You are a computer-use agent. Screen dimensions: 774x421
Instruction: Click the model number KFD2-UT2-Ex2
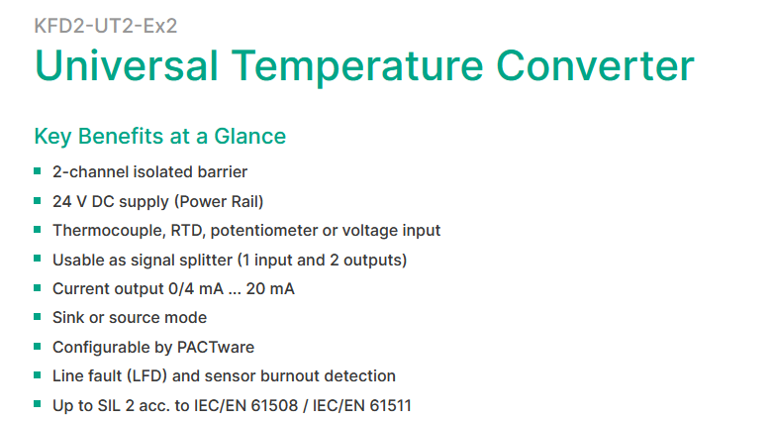click(106, 26)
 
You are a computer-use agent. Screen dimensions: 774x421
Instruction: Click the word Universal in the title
click(127, 65)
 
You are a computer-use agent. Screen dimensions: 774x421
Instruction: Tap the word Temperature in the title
click(357, 67)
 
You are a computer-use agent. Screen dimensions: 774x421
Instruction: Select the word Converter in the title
click(595, 65)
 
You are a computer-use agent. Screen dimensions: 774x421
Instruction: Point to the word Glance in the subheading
click(249, 136)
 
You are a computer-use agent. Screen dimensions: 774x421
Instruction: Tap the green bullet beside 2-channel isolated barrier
click(38, 171)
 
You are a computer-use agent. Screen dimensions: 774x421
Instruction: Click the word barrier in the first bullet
click(222, 171)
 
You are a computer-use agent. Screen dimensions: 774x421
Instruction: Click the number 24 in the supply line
click(62, 202)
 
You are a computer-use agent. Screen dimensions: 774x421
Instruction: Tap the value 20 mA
click(270, 288)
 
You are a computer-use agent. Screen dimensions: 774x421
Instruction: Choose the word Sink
click(68, 317)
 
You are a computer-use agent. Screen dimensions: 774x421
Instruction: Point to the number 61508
click(274, 406)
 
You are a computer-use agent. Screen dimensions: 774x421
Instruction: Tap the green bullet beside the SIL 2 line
click(38, 404)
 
